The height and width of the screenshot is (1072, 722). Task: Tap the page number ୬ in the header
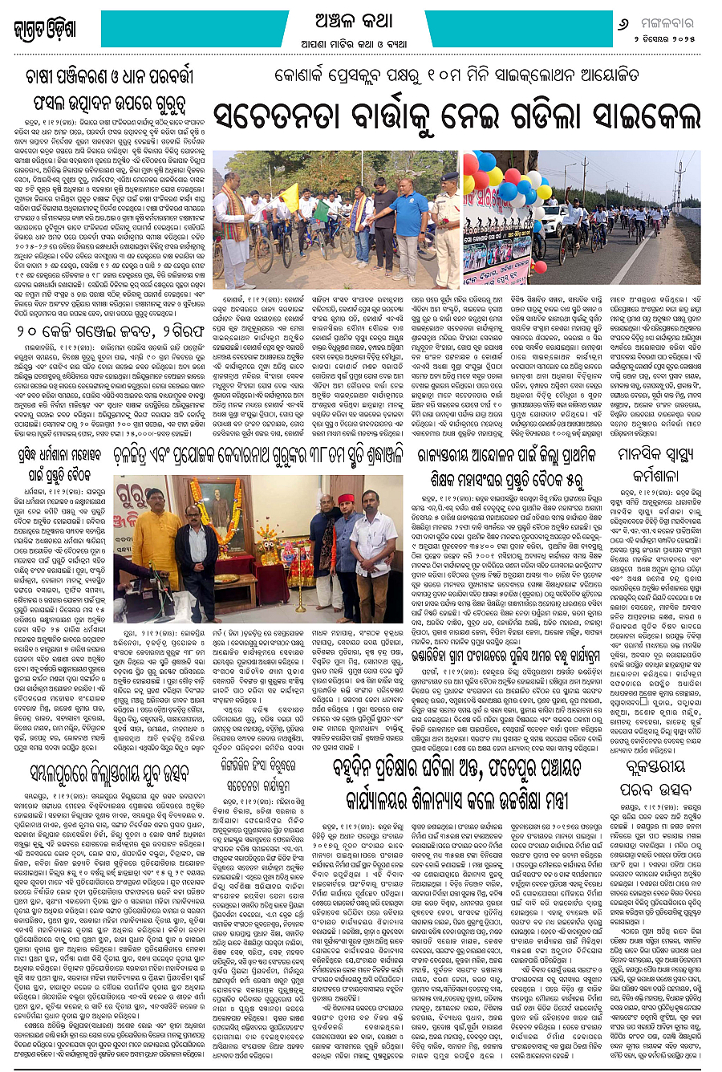(x=623, y=25)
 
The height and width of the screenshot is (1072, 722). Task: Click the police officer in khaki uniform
(x=444, y=217)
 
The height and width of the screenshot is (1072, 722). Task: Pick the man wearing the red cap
(x=346, y=546)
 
